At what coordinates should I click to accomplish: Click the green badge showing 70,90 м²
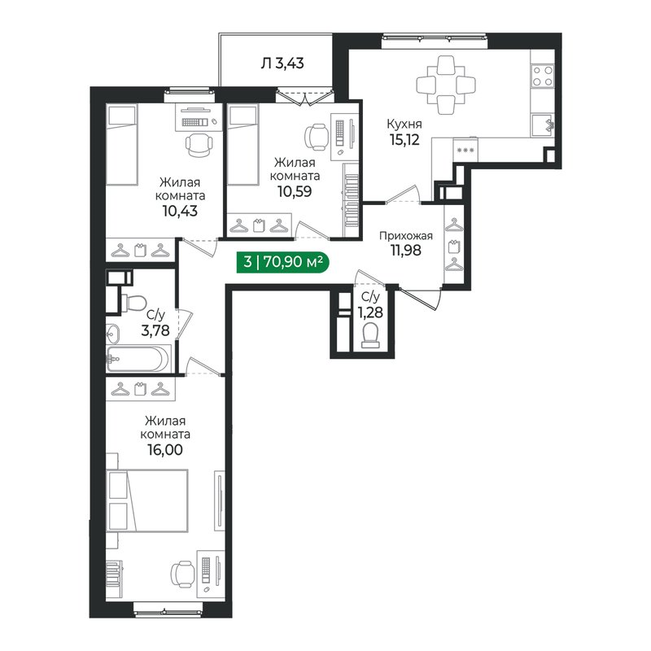(x=282, y=262)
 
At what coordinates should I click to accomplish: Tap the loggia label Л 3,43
(x=282, y=63)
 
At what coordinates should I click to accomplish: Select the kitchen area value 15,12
(x=404, y=140)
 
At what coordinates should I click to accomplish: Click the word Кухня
(x=404, y=124)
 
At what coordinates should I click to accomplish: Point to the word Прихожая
(x=405, y=236)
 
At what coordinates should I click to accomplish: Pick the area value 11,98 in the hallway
(x=405, y=251)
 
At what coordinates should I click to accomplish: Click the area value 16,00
(x=165, y=450)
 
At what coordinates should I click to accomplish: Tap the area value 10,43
(x=180, y=211)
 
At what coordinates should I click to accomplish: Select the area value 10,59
(x=295, y=191)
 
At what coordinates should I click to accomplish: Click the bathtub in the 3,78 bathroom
(x=138, y=359)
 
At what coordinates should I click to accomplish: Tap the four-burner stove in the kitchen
(x=543, y=76)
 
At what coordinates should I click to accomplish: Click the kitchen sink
(x=543, y=125)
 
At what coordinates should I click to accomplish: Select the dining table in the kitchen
(x=446, y=85)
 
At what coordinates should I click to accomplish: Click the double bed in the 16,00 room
(x=147, y=500)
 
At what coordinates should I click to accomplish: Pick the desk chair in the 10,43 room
(x=199, y=145)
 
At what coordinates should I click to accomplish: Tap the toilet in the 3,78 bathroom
(x=133, y=302)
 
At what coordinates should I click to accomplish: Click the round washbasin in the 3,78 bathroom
(x=112, y=333)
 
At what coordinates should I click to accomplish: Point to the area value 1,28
(x=370, y=312)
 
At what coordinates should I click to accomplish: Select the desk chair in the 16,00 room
(x=182, y=575)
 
